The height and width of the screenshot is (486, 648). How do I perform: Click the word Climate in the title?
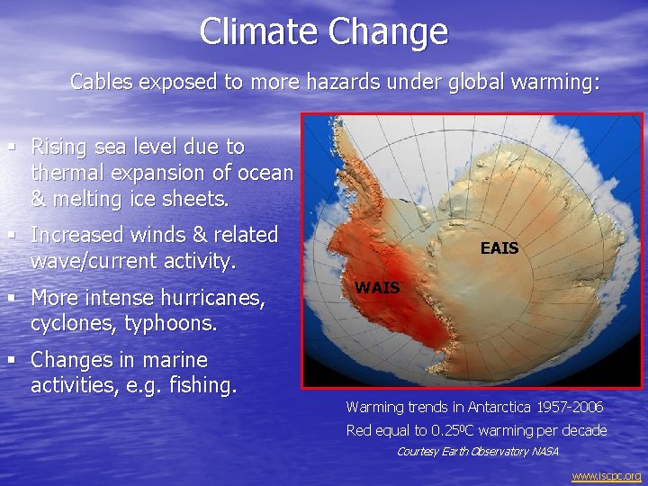259,31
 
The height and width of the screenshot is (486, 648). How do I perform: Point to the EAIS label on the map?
499,247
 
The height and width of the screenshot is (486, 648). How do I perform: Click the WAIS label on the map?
377,288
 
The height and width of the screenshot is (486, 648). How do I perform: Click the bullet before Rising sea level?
12,146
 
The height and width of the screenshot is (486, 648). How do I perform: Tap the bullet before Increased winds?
12,235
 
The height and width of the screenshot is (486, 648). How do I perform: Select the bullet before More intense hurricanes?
12,297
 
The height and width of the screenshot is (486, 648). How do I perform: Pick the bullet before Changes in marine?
12,360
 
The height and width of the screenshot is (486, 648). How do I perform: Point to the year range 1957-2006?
569,408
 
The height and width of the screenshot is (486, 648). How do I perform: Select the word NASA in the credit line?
544,451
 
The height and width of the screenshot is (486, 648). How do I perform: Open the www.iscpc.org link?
606,475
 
